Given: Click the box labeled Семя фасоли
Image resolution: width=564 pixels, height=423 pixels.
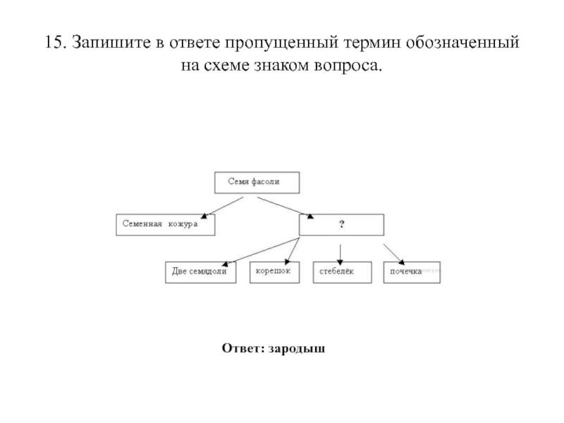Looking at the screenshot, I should point(257,182).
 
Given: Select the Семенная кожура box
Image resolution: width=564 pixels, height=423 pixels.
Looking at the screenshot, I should point(165,224).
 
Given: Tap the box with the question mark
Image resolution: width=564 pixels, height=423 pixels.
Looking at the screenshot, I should point(341,225).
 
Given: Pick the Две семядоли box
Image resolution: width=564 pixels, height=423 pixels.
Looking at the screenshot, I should point(200,273).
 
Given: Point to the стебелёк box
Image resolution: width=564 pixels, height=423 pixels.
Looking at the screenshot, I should point(341,273).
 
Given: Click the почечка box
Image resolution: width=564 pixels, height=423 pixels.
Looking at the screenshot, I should point(412,273).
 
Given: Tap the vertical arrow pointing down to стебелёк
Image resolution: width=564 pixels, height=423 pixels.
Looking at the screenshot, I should point(341,253).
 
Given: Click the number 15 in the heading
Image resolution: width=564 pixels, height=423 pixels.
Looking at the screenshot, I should point(52,42).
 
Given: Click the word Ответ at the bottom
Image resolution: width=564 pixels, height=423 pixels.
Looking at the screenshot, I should point(242,348).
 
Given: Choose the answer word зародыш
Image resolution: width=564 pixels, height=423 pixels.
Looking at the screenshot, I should point(296,348).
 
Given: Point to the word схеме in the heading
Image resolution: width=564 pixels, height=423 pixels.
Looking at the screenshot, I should point(222,67).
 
